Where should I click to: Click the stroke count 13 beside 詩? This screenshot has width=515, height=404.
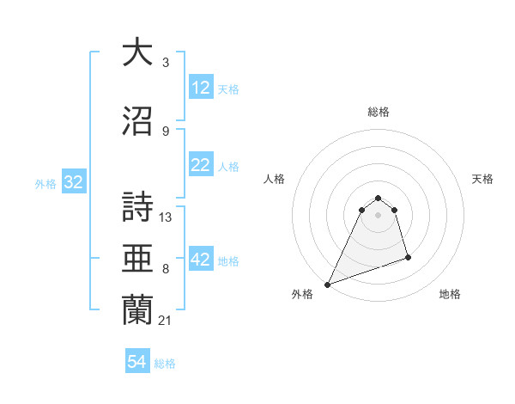166,217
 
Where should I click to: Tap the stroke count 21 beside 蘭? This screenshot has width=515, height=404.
166,321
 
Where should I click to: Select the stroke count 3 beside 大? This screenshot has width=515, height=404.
166,62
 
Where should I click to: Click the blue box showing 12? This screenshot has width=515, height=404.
200,88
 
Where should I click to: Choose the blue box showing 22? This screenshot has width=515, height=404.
200,165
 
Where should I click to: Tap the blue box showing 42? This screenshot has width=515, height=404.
200,260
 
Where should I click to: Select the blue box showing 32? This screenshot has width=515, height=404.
73,182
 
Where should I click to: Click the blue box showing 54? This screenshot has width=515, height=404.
136,363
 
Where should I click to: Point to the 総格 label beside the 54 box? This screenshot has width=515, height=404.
165,364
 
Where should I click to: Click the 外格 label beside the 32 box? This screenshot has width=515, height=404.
45,183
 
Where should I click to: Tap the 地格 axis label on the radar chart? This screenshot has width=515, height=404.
450,294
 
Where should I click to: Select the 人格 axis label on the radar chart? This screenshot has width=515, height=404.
275,179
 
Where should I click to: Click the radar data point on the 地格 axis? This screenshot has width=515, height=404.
408,257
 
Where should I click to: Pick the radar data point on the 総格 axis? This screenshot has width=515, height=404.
378,195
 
